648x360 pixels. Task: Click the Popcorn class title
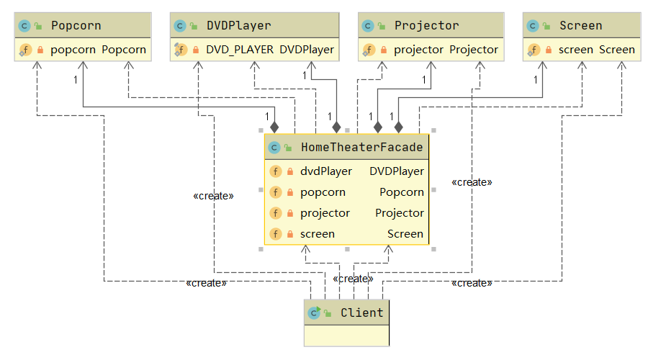(x=76, y=26)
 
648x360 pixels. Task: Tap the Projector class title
(x=426, y=26)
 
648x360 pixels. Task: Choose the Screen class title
(x=580, y=26)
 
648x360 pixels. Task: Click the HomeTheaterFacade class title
(x=361, y=148)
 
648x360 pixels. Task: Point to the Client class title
(x=362, y=313)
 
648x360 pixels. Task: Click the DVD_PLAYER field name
(x=240, y=50)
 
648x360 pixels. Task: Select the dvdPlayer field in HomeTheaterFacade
(x=326, y=171)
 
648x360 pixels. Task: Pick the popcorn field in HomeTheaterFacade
(x=323, y=192)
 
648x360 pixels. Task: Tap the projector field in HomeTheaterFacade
(x=325, y=213)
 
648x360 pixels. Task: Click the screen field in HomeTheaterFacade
(x=318, y=234)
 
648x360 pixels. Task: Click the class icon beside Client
(x=314, y=313)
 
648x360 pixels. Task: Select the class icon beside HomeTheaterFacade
(x=274, y=148)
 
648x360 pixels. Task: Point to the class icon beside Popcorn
(x=24, y=26)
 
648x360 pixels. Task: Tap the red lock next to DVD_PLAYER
(x=196, y=50)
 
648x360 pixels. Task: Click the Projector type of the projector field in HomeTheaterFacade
(x=400, y=213)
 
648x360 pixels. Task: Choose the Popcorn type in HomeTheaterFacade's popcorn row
(x=402, y=192)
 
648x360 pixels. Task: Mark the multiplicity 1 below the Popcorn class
(x=76, y=79)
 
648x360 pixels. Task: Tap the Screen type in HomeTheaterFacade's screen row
(x=405, y=234)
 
